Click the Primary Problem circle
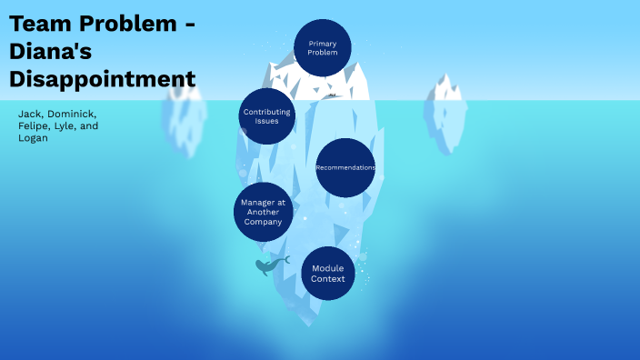click(x=323, y=48)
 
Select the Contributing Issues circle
click(x=267, y=116)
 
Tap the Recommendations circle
click(x=345, y=167)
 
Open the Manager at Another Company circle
click(x=264, y=212)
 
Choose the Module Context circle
click(x=328, y=274)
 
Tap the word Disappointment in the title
click(x=102, y=79)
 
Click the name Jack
click(x=30, y=113)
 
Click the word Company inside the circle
click(x=264, y=222)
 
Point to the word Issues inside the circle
click(x=267, y=121)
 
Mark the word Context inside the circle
click(x=328, y=279)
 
